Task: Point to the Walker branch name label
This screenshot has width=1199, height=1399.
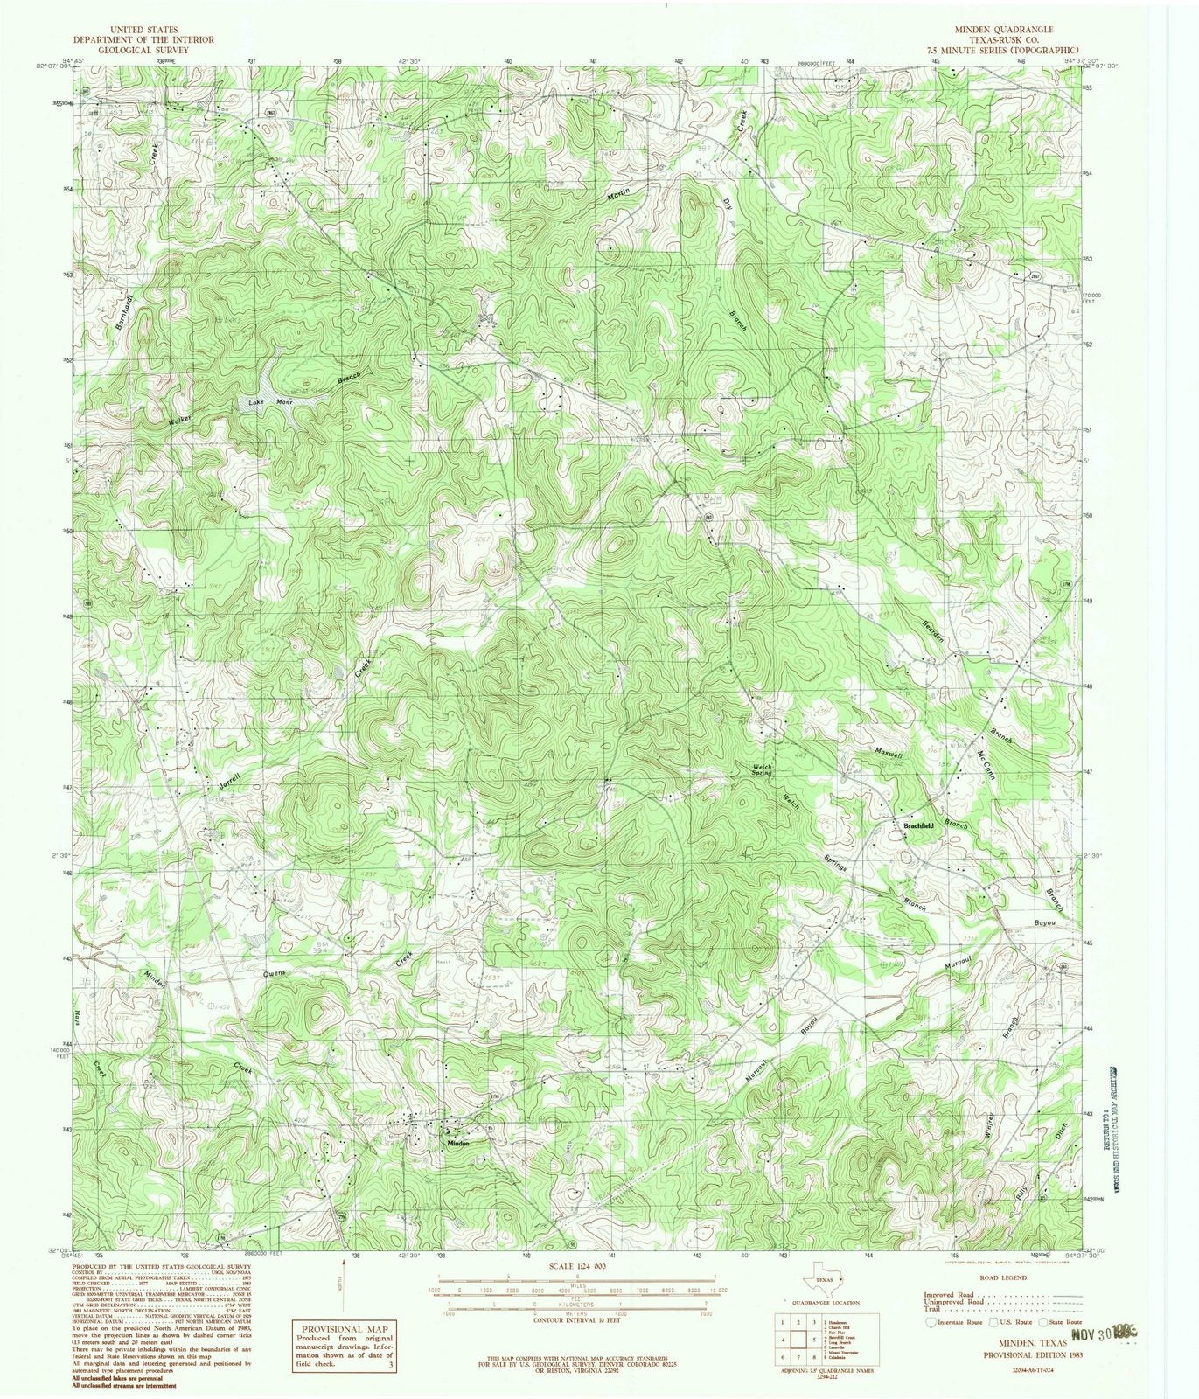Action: point(179,416)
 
